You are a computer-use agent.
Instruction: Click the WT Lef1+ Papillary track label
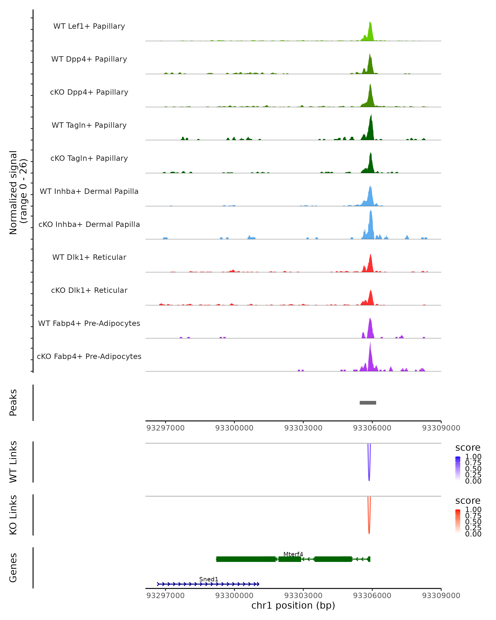click(x=89, y=26)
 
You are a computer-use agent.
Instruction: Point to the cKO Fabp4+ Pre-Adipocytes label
click(x=89, y=356)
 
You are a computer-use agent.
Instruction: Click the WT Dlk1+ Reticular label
click(x=89, y=257)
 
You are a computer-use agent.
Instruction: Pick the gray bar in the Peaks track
click(x=368, y=403)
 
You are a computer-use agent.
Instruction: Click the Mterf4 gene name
click(x=293, y=554)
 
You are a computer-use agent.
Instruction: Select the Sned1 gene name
click(x=209, y=579)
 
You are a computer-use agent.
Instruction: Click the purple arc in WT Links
click(x=369, y=475)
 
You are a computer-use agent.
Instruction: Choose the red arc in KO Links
click(x=369, y=527)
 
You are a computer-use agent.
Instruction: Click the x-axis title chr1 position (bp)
click(x=293, y=605)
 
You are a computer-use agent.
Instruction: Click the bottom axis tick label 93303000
click(x=303, y=596)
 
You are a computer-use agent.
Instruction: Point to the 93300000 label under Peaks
click(x=234, y=428)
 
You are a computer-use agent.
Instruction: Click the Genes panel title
click(x=13, y=568)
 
